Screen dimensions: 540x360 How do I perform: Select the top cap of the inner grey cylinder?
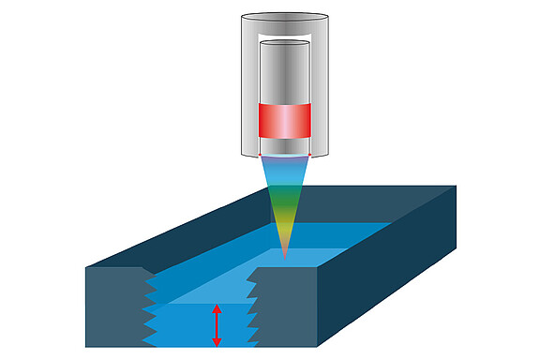[284, 43]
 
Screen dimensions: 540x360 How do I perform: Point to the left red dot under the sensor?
[261, 154]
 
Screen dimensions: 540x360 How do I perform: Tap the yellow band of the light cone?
[284, 222]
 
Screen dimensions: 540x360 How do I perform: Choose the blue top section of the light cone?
[284, 169]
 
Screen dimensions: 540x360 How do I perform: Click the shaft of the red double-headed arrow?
[217, 324]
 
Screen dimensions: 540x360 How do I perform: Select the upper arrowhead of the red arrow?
[217, 307]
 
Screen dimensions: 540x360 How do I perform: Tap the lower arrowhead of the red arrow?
[217, 342]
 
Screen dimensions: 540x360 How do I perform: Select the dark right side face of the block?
[394, 262]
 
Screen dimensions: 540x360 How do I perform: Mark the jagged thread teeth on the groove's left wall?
[150, 309]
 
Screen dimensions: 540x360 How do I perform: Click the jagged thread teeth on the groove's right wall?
[252, 309]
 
